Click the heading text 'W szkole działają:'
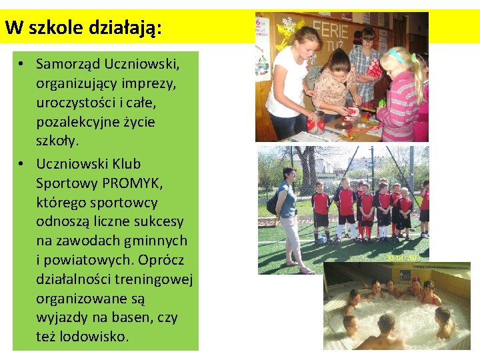pyautogui.click(x=83, y=27)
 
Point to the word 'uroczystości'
pyautogui.click(x=75, y=103)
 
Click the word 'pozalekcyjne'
pyautogui.click(x=81, y=122)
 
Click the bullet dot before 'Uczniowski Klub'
pyautogui.click(x=22, y=164)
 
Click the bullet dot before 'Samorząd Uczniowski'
pyautogui.click(x=22, y=65)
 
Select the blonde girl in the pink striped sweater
pyautogui.click(x=400, y=93)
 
